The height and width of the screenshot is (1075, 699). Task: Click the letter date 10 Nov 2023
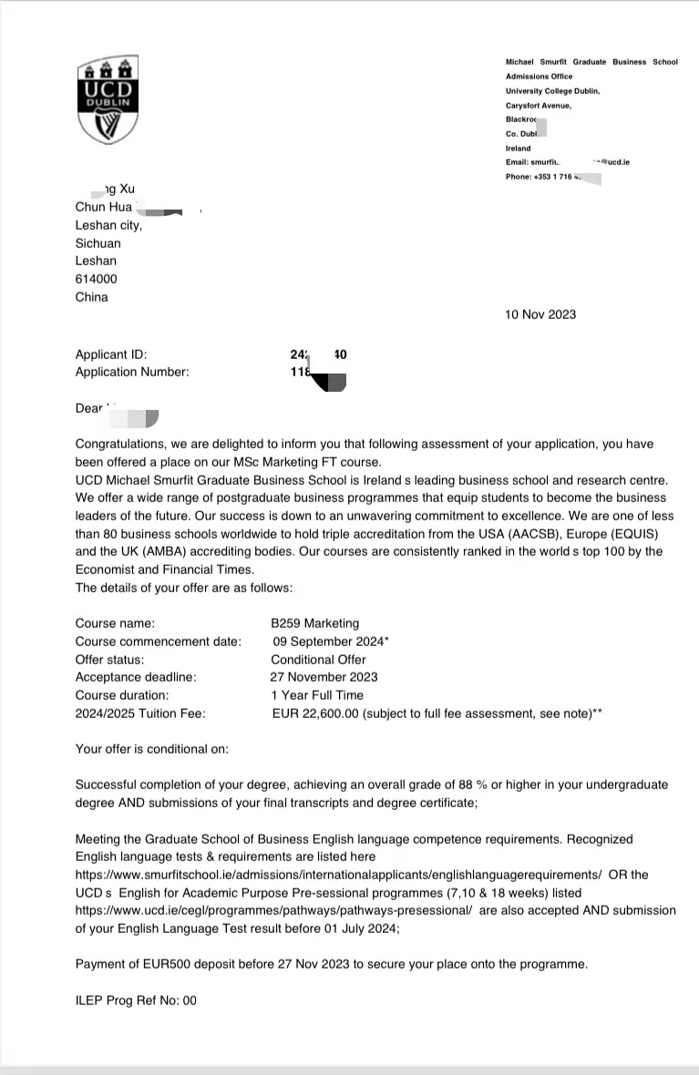[540, 314]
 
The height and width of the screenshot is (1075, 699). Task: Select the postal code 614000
[96, 279]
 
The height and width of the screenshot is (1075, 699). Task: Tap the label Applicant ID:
[110, 354]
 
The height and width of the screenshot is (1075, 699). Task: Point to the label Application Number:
[131, 372]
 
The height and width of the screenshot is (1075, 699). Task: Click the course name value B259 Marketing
[315, 624]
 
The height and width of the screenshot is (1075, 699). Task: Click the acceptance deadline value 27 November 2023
[324, 677]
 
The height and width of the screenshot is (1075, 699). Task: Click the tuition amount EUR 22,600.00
[315, 713]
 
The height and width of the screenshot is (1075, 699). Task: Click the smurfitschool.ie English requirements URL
[338, 875]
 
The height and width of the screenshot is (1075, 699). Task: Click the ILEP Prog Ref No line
[136, 1000]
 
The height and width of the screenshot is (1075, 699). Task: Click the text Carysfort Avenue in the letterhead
[539, 106]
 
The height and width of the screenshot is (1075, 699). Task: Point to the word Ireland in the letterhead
[518, 148]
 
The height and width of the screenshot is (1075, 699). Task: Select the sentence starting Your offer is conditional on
[151, 749]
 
